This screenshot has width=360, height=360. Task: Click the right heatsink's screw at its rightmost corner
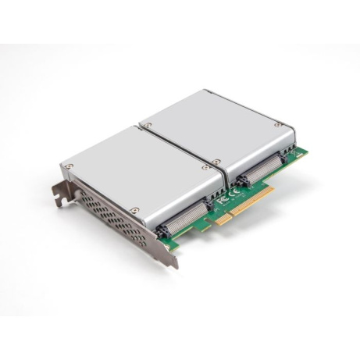click(x=278, y=123)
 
